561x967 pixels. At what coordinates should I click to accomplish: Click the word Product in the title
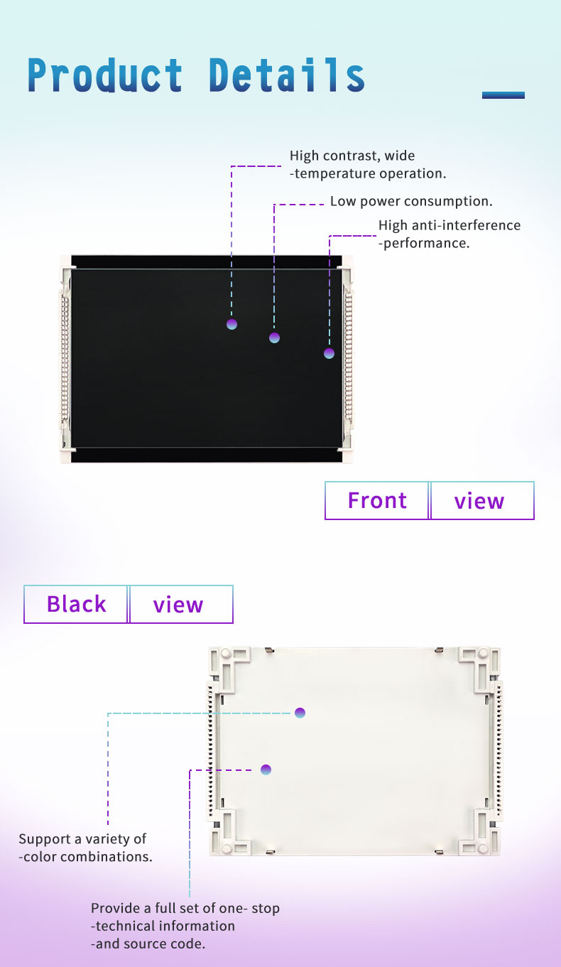105,75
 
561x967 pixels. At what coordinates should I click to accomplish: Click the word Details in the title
287,75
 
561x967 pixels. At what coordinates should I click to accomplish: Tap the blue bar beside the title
503,95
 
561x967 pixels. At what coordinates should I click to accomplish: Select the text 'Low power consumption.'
411,201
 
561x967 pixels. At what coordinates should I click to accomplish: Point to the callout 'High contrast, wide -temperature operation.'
368,164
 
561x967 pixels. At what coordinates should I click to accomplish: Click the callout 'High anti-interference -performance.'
450,234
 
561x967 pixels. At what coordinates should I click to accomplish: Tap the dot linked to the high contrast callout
232,324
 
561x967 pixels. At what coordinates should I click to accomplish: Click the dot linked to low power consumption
274,337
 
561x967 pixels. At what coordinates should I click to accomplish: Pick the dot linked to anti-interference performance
329,354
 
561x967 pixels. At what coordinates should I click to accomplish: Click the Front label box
377,500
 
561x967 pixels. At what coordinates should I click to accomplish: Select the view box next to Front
482,500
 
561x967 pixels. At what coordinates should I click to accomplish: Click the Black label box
76,604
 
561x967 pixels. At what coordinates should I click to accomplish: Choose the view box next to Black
181,604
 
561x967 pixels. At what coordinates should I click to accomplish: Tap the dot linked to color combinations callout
300,713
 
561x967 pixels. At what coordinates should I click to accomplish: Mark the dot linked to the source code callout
266,769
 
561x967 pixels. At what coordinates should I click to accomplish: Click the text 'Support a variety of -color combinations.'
85,848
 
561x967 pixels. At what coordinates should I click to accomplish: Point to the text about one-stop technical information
185,926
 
